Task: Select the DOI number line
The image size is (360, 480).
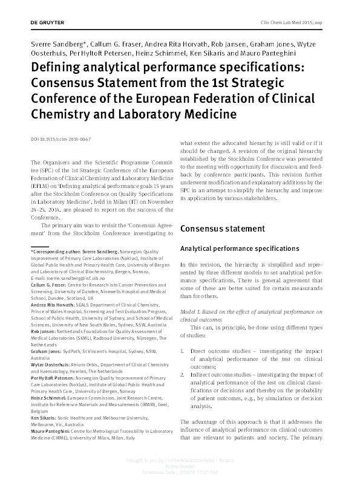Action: coord(61,139)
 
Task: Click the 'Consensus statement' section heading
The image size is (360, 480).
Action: coord(222,229)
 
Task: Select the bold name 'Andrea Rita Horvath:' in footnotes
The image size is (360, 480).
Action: coord(51,305)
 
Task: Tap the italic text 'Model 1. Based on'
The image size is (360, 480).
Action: coord(206,311)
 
